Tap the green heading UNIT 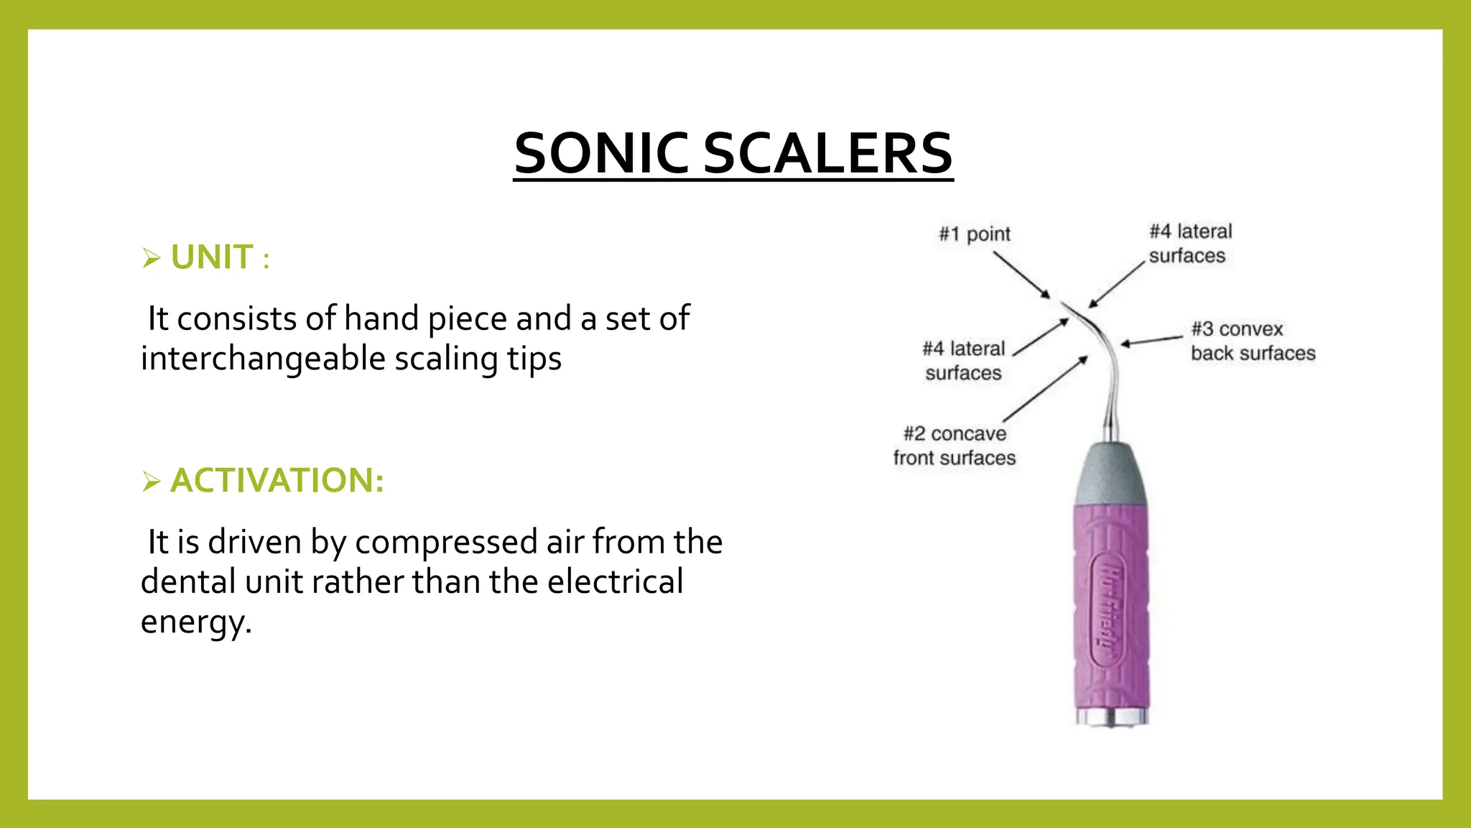(212, 257)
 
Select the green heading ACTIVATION (277, 480)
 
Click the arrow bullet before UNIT (151, 258)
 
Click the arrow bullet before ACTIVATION (151, 481)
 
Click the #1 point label (974, 234)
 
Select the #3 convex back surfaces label (1253, 341)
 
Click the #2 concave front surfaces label (955, 446)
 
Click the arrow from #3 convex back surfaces (1152, 340)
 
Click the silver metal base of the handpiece (1112, 717)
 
